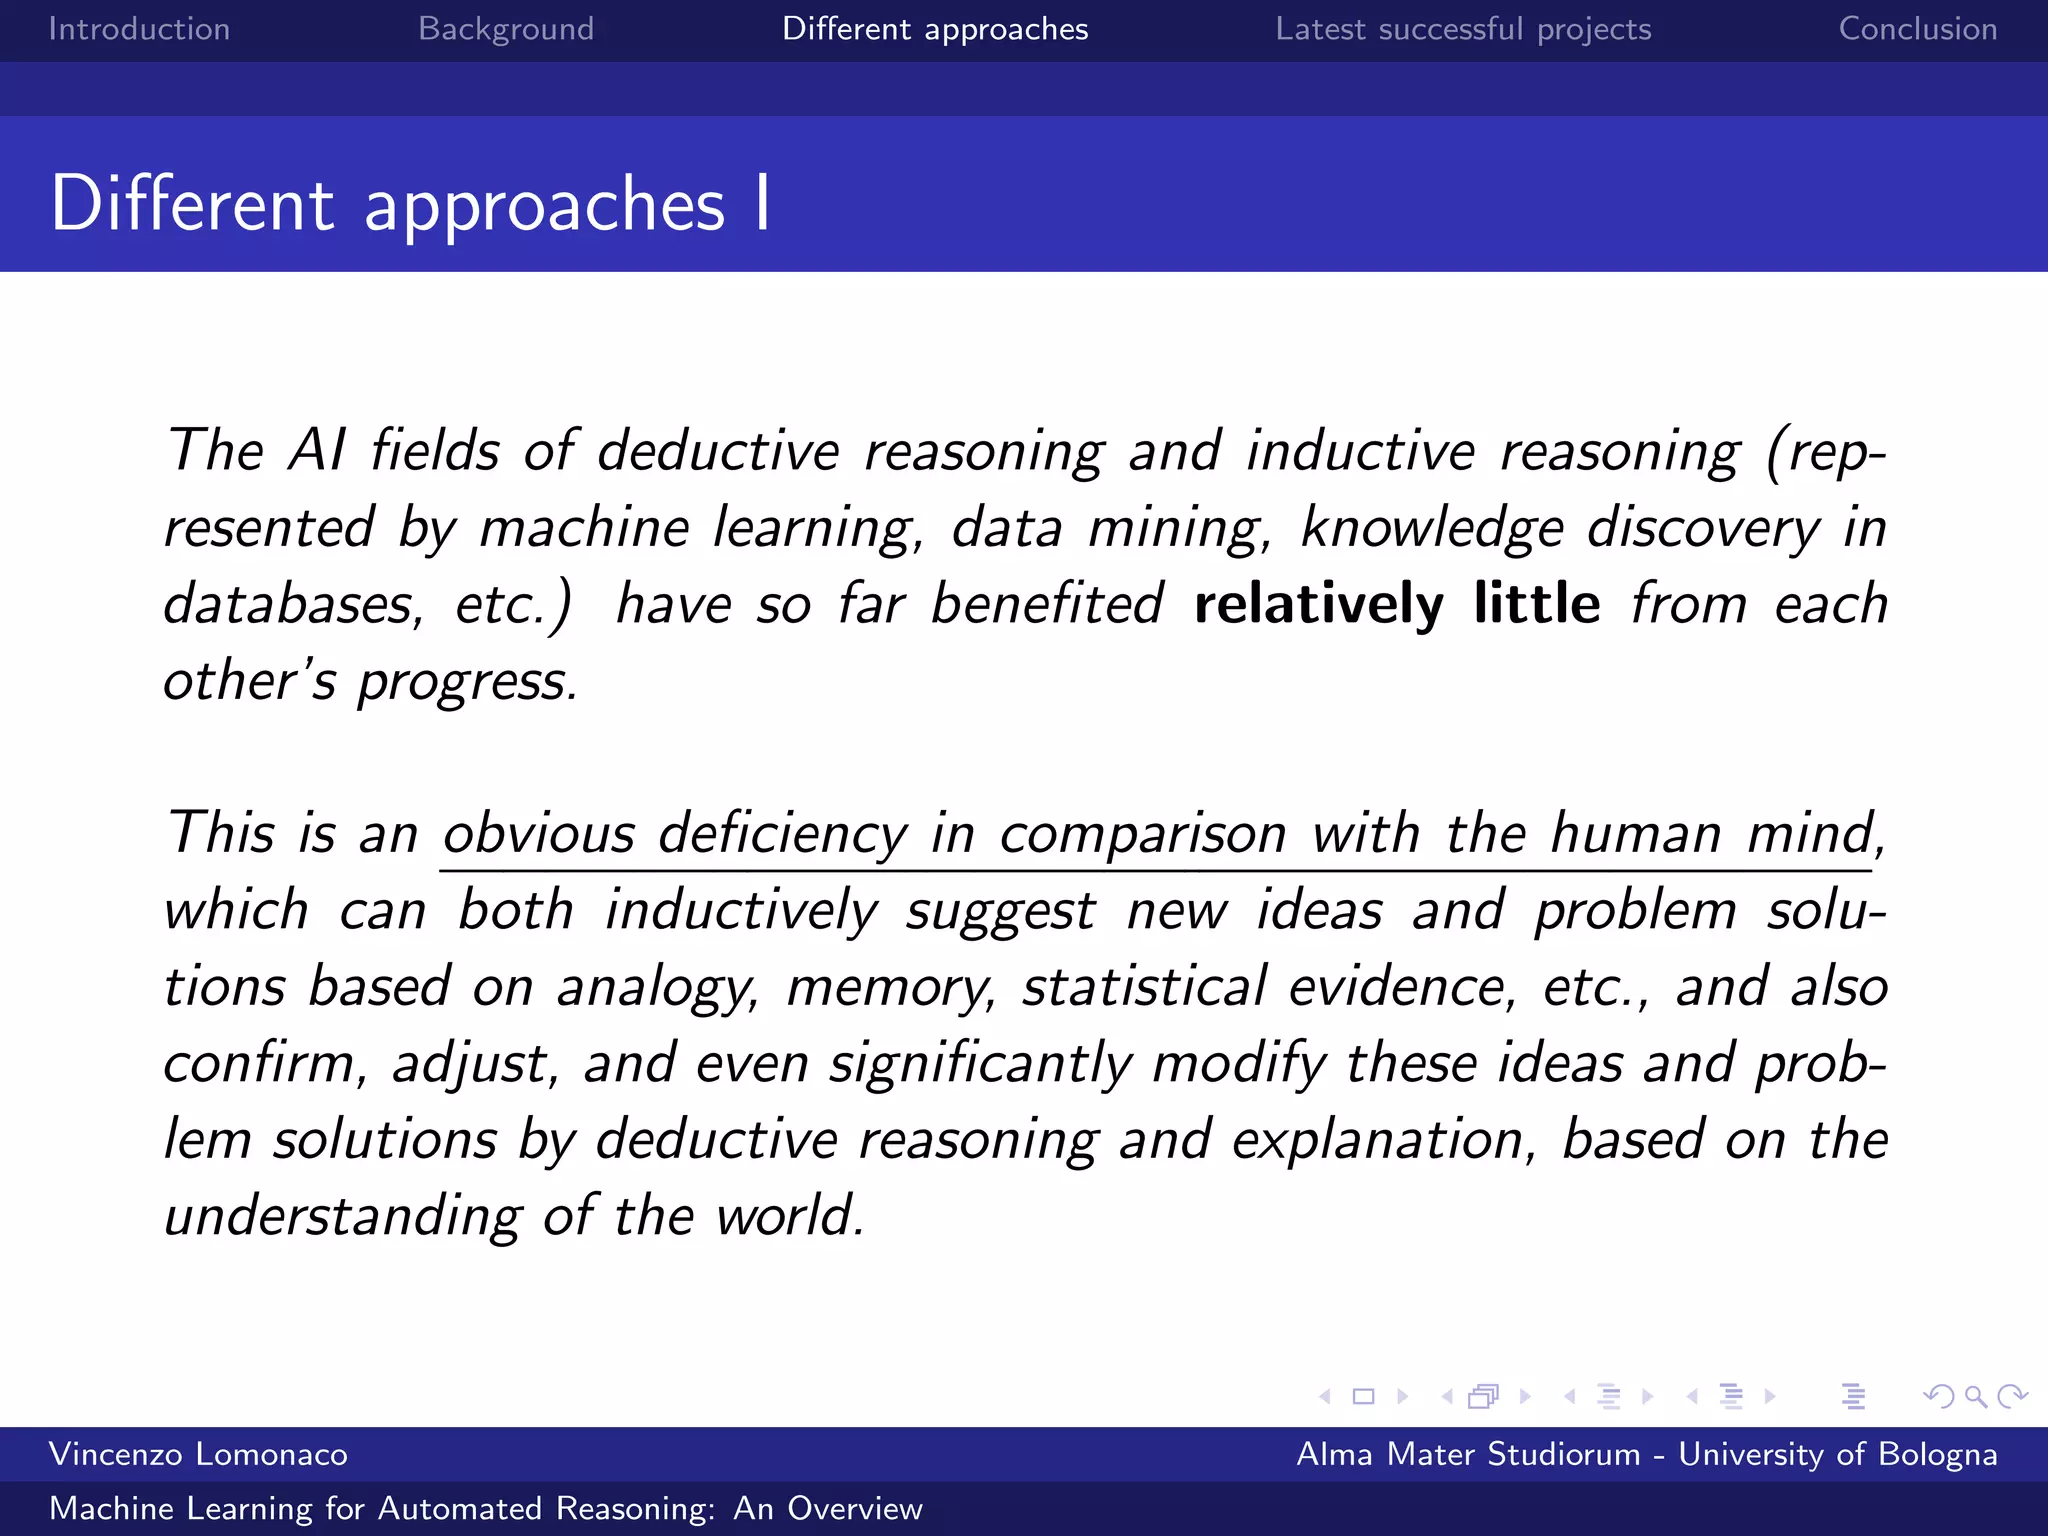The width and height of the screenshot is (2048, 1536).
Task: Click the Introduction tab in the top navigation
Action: coord(139,29)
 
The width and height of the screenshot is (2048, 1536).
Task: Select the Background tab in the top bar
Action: coord(506,29)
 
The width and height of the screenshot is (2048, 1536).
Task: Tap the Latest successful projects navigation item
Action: coord(1463,29)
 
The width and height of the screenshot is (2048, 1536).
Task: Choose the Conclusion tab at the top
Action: coord(1917,29)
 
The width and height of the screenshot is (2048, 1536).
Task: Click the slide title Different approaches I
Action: coord(410,204)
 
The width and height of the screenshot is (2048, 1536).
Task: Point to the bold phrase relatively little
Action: coord(1396,604)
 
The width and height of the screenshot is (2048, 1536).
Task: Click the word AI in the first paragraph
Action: coord(317,450)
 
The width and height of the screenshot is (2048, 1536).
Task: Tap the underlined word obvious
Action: coord(538,833)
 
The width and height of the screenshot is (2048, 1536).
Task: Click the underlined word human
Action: coord(1636,833)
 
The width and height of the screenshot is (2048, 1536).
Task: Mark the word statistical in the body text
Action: coord(1144,987)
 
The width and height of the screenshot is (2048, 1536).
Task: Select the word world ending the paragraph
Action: coord(789,1216)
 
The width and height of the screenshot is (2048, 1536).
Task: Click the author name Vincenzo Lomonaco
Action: coord(198,1454)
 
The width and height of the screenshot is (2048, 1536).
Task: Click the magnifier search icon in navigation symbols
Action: coord(1975,1396)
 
